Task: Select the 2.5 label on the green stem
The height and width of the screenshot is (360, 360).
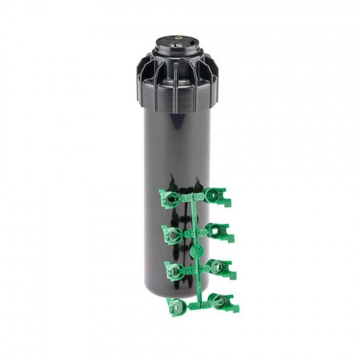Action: coord(189,234)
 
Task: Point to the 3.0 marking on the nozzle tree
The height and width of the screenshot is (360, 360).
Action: coord(201,233)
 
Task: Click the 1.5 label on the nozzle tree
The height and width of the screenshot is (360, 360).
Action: coord(191,270)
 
